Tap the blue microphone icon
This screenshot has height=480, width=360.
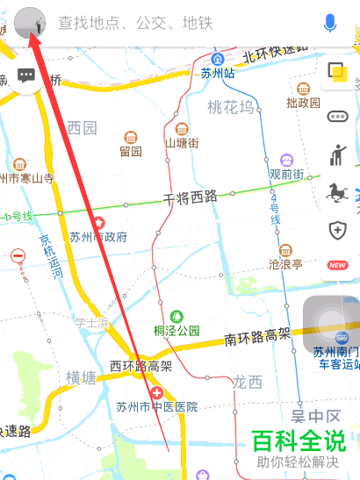(330, 24)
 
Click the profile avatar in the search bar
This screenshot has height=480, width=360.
(30, 24)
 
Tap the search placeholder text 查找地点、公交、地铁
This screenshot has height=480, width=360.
(135, 24)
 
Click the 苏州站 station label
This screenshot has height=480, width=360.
(217, 74)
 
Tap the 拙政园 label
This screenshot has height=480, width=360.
(303, 103)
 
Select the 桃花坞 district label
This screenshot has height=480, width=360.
(230, 107)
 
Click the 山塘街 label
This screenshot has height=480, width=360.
(182, 142)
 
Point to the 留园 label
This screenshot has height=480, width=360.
(130, 151)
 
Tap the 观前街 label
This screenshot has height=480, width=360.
(286, 174)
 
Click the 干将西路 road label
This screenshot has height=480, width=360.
(190, 197)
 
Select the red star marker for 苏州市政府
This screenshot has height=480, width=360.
(99, 223)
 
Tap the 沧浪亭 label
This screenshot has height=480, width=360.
(285, 262)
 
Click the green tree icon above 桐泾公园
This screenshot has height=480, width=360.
(176, 315)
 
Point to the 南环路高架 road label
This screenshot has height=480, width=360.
(256, 335)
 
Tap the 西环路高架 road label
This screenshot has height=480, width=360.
(141, 366)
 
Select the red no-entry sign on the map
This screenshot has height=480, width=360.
(18, 256)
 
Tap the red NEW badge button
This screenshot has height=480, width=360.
(337, 265)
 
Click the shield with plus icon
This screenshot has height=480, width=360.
(337, 230)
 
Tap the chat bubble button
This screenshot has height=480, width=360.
(26, 75)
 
